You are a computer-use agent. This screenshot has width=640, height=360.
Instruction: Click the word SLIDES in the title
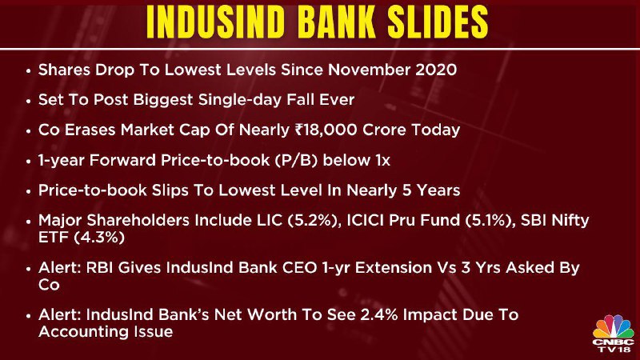pos(438,22)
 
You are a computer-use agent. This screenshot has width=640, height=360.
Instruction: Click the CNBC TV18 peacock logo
pos(613,334)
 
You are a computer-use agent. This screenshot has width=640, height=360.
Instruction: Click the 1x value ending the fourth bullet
pos(382,160)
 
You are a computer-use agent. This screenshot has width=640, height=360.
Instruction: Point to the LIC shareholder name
pos(270,221)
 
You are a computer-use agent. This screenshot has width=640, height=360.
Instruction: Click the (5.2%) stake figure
pos(314,221)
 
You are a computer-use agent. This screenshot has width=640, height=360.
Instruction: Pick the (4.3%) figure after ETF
pos(99,237)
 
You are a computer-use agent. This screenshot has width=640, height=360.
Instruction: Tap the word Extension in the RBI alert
pos(392,268)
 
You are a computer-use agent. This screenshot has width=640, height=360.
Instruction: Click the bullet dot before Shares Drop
pos(28,71)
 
